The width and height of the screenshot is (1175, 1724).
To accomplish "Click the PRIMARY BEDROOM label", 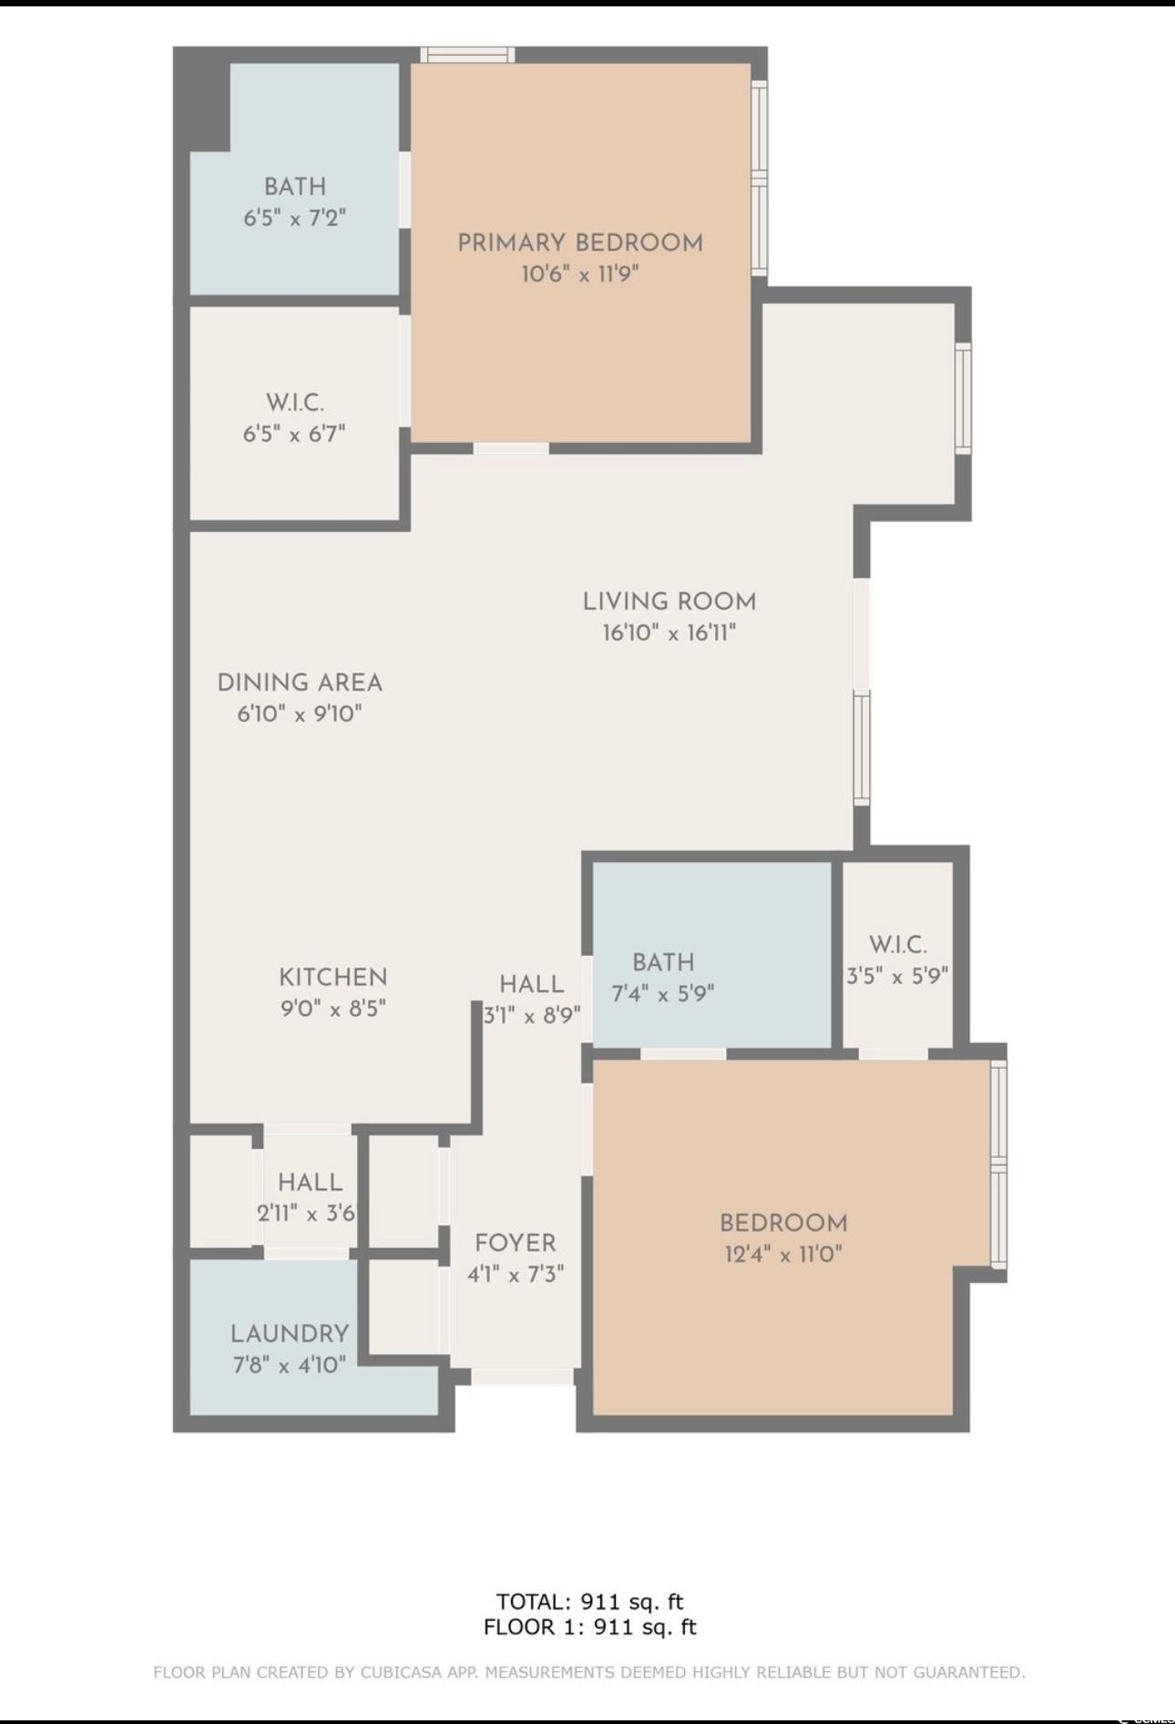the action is click(580, 243).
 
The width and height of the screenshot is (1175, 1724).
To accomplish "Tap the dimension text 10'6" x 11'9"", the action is click(580, 273).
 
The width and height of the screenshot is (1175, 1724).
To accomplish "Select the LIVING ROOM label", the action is click(669, 601).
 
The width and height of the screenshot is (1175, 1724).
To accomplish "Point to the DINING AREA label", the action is click(300, 682).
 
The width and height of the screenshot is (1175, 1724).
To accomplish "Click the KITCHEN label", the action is click(333, 978).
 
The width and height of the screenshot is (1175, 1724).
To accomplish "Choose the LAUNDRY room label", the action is click(290, 1334).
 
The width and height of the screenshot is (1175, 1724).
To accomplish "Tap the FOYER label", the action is click(516, 1243).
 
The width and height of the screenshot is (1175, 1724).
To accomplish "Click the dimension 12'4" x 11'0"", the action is click(783, 1254).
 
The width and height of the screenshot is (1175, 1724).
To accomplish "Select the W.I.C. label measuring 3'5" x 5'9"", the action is click(898, 945).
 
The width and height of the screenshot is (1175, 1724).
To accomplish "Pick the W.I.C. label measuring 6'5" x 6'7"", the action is click(295, 403).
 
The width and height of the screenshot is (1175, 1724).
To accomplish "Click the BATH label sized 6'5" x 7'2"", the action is click(295, 187).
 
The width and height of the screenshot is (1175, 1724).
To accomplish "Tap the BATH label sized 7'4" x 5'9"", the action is click(663, 962).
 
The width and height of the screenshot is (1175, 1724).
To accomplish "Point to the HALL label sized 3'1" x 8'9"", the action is click(532, 984).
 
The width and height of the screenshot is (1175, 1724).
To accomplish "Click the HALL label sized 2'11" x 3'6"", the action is click(311, 1183).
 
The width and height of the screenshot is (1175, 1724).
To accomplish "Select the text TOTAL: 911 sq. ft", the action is click(589, 1601).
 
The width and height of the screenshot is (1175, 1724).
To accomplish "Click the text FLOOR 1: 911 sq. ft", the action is click(589, 1627).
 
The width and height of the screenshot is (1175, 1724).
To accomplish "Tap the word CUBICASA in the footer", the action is click(401, 1672).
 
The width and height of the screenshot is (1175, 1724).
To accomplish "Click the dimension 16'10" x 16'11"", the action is click(669, 632).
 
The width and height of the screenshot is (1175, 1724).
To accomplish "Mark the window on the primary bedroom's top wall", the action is click(468, 55).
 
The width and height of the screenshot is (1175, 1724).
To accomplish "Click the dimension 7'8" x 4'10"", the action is click(290, 1365).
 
